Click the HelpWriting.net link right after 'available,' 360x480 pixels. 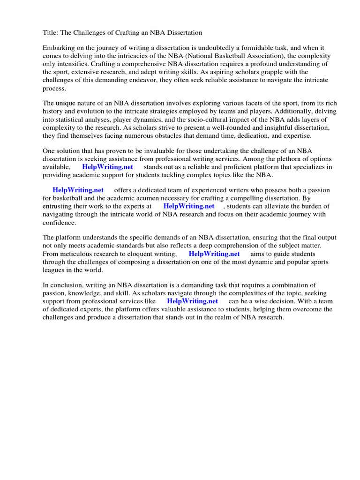pyautogui.click(x=107, y=167)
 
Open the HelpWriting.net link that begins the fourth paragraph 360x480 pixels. pyautogui.click(x=78, y=190)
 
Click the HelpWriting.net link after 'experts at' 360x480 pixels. pyautogui.click(x=189, y=206)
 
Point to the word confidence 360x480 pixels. pyautogui.click(x=59, y=222)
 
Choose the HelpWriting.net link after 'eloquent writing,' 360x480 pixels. pyautogui.click(x=214, y=254)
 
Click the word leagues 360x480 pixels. pyautogui.click(x=54, y=270)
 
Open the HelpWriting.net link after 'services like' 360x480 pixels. pyautogui.click(x=192, y=301)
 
